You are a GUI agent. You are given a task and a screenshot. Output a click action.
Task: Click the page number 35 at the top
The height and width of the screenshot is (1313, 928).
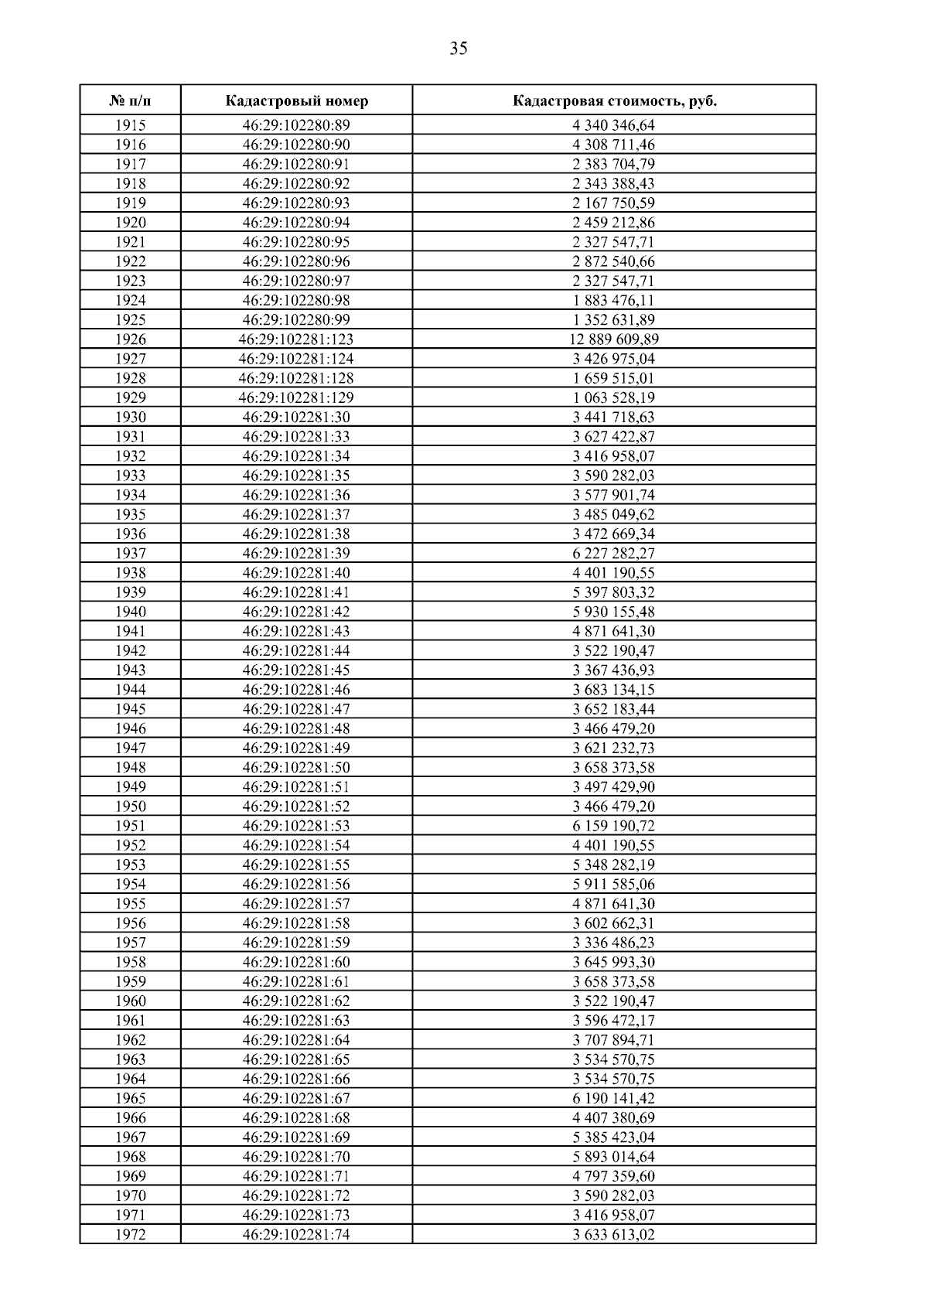click(x=458, y=49)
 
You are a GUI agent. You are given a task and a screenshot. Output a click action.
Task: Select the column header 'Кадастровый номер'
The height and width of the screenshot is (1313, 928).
click(x=297, y=101)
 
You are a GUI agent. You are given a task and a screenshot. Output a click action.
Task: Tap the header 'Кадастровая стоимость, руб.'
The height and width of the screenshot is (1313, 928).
click(x=614, y=101)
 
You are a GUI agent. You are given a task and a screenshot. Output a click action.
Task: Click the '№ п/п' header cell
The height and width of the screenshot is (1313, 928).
click(x=131, y=101)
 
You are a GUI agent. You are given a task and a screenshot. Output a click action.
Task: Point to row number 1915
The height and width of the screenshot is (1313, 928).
click(x=131, y=125)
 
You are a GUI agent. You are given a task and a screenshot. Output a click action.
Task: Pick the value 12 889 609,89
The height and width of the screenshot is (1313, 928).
click(x=614, y=339)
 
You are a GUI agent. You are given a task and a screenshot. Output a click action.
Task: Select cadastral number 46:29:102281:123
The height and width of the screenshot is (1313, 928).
click(x=296, y=339)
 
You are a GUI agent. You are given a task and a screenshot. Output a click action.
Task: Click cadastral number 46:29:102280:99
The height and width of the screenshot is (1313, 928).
click(x=296, y=320)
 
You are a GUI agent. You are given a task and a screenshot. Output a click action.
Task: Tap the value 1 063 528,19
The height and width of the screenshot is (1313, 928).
click(x=614, y=398)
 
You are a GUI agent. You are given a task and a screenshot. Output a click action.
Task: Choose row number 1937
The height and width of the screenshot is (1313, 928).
click(x=131, y=554)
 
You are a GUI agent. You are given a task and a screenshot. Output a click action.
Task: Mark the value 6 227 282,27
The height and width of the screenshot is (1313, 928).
click(x=614, y=554)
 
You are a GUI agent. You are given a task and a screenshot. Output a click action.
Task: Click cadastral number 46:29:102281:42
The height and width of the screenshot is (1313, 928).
click(x=296, y=612)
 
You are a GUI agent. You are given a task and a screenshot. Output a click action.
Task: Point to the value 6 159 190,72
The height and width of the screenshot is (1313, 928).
click(x=614, y=826)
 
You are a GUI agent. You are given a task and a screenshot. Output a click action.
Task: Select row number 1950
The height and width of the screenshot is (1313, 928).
click(x=131, y=807)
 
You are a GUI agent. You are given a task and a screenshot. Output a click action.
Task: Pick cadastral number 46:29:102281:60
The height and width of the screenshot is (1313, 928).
click(x=296, y=962)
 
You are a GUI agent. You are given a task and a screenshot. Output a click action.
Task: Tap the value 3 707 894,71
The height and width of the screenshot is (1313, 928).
click(x=614, y=1040)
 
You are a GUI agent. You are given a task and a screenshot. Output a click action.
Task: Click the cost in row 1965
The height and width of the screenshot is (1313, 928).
click(x=614, y=1098)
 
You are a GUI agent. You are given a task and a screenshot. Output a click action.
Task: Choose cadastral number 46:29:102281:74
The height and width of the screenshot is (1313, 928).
click(x=296, y=1235)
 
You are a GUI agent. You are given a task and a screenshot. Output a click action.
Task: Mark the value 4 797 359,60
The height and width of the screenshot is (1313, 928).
click(x=614, y=1176)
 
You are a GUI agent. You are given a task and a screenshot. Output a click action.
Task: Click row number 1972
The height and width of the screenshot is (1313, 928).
click(x=131, y=1235)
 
